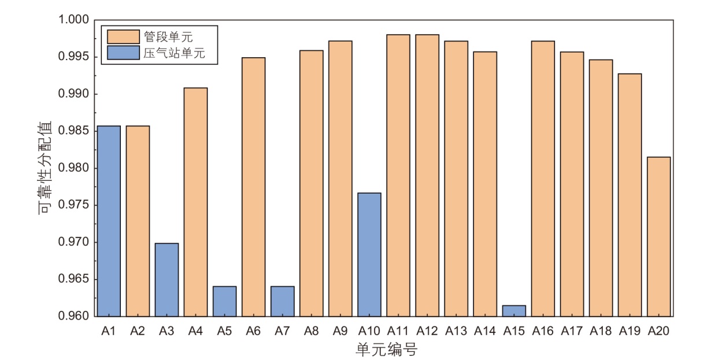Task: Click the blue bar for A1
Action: pos(109,221)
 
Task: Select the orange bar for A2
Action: pos(138,221)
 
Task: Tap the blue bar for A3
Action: pos(166,280)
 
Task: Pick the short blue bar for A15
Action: pos(514,311)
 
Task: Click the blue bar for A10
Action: pos(369,254)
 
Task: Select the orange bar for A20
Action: pos(659,236)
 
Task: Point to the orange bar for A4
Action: pos(195,202)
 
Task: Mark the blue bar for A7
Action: pos(282,301)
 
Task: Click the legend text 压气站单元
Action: pos(173,53)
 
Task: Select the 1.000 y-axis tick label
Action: pos(74,20)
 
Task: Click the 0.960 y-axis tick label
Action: pos(74,316)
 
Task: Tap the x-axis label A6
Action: pos(253,331)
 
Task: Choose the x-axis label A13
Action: pos(456,331)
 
